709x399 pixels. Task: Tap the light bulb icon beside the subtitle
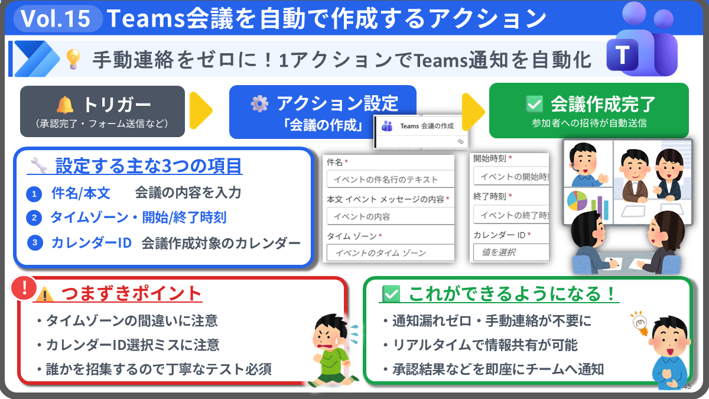click(x=73, y=59)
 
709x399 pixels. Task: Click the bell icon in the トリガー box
click(x=65, y=105)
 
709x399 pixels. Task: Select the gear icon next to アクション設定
click(x=259, y=103)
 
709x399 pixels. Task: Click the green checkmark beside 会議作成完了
click(x=534, y=104)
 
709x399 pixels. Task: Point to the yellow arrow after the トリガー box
click(x=201, y=111)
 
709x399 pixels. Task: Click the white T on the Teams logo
click(x=622, y=55)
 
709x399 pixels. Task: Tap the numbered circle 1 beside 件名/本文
click(x=34, y=194)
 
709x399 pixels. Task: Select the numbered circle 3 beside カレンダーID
click(x=35, y=242)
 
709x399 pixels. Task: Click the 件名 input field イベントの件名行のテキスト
click(x=391, y=179)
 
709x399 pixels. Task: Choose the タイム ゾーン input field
click(x=391, y=253)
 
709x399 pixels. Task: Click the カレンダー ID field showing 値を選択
click(x=511, y=252)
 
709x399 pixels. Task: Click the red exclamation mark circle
click(x=24, y=288)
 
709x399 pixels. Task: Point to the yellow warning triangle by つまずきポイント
click(x=45, y=294)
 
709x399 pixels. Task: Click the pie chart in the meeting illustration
click(x=577, y=201)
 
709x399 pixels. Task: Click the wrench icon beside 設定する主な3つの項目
click(x=39, y=166)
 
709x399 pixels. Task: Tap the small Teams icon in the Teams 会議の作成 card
click(x=387, y=126)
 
